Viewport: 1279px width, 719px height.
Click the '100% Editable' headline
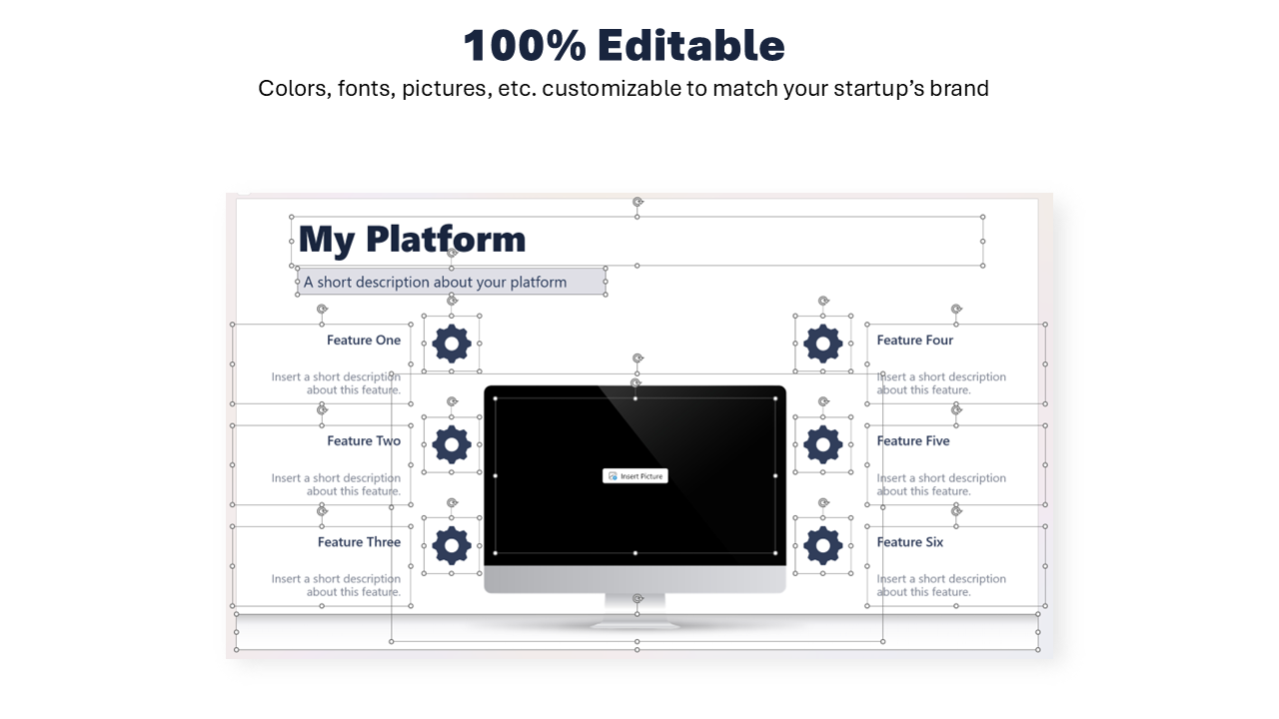(x=625, y=45)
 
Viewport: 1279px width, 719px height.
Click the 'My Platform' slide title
(x=412, y=240)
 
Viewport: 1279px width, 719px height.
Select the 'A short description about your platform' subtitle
(x=435, y=282)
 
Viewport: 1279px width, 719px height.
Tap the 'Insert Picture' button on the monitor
(x=635, y=476)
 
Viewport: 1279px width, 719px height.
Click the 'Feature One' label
(x=364, y=341)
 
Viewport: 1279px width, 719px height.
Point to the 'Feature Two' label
(x=364, y=441)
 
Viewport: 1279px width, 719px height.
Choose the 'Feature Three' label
(x=359, y=542)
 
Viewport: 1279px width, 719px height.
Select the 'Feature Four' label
(x=914, y=341)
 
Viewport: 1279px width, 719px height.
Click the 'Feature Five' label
(x=913, y=441)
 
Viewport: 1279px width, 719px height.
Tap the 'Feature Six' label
(x=909, y=542)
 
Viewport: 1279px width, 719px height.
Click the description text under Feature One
(x=336, y=383)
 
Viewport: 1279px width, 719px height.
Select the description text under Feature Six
(x=941, y=585)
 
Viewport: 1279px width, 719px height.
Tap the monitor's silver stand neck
(x=635, y=606)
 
